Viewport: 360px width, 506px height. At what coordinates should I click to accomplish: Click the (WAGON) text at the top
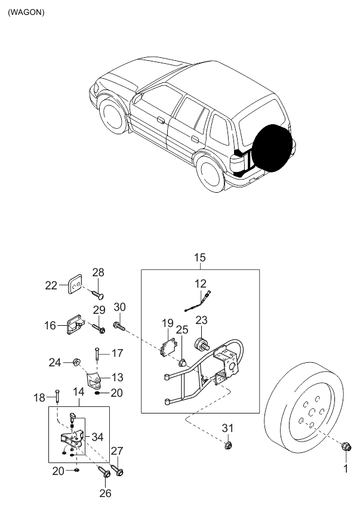click(x=26, y=12)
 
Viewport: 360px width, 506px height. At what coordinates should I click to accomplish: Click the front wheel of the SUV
click(x=113, y=115)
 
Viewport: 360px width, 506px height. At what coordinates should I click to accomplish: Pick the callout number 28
click(x=97, y=273)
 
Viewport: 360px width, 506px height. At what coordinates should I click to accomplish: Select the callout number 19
click(x=167, y=324)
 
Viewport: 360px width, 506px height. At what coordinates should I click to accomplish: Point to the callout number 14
click(x=78, y=392)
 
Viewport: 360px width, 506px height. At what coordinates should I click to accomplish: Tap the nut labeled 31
click(x=227, y=445)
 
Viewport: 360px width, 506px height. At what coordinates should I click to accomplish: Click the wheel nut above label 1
click(x=345, y=446)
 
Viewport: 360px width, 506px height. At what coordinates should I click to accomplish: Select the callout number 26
click(x=105, y=493)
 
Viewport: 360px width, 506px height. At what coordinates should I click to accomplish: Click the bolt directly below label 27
click(x=119, y=471)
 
